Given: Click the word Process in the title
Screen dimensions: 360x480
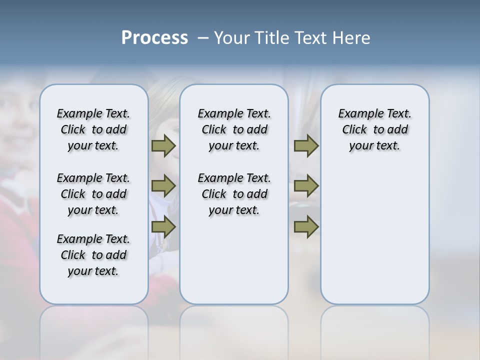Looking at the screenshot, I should [154, 38].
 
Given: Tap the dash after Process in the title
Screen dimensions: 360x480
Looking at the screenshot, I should [203, 38].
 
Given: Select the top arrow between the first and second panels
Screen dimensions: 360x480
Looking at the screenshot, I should [163, 145].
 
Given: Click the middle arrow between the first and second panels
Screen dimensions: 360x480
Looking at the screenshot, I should [163, 186].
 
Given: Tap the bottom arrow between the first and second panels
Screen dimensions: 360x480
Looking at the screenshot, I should [163, 226].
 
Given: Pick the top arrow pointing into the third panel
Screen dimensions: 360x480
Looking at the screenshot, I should [306, 145].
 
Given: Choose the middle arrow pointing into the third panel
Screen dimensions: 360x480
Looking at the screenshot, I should [306, 186].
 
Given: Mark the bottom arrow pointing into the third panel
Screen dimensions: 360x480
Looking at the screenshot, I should [306, 226].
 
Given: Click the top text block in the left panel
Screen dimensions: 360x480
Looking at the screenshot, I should [93, 129].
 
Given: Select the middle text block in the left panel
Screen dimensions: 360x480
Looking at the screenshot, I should [93, 194].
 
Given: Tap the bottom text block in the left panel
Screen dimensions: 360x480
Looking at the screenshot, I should [93, 255].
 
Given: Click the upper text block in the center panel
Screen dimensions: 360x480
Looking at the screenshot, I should [234, 129].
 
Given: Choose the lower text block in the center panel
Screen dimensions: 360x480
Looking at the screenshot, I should [234, 194].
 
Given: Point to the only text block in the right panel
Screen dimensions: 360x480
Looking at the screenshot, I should [374, 129].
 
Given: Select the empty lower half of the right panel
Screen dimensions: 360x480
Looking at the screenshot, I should [374, 240].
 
